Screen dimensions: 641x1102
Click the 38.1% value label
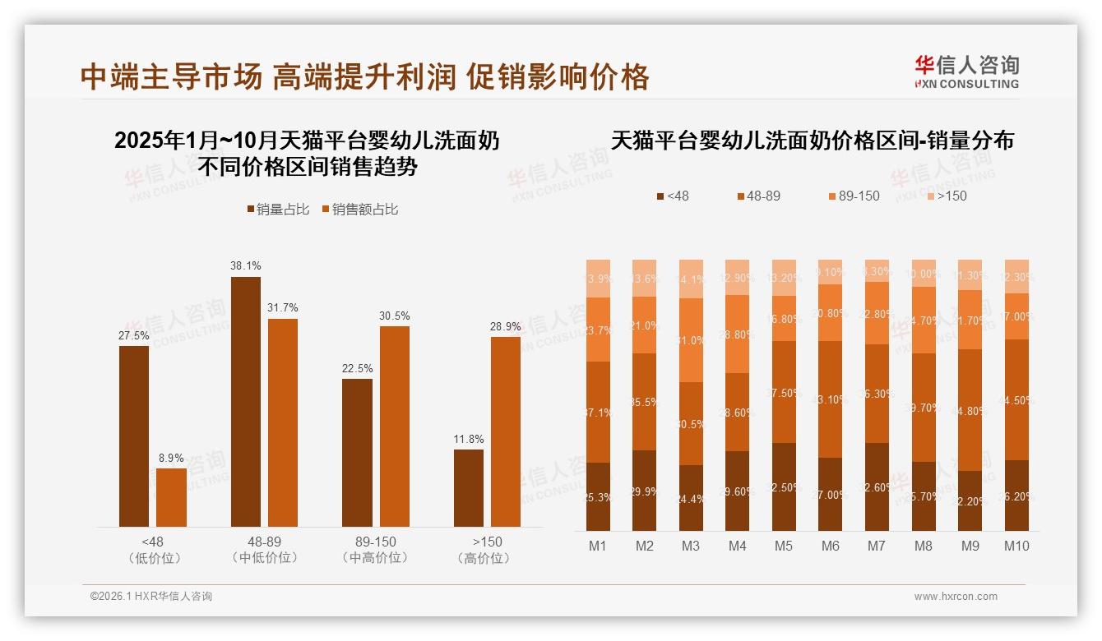[246, 265]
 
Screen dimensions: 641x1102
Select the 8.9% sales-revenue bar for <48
[171, 497]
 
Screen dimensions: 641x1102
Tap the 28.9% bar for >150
[506, 431]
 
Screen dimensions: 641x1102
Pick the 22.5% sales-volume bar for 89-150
[357, 452]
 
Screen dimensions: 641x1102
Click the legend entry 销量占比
[278, 210]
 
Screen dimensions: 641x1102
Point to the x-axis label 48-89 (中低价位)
[264, 550]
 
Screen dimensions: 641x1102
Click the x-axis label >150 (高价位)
[488, 550]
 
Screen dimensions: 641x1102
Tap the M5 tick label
[784, 546]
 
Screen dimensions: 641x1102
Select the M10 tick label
[1016, 546]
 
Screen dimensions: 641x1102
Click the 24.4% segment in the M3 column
[691, 498]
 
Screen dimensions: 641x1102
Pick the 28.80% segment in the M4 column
[738, 334]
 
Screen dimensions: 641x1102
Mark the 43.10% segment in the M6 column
[831, 399]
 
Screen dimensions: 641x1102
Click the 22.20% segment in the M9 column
[970, 500]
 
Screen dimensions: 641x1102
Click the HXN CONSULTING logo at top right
[966, 72]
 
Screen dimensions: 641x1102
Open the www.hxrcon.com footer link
[956, 597]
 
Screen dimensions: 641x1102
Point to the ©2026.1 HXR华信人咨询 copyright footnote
[151, 597]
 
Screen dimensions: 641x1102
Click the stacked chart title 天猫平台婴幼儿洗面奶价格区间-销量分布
[813, 141]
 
